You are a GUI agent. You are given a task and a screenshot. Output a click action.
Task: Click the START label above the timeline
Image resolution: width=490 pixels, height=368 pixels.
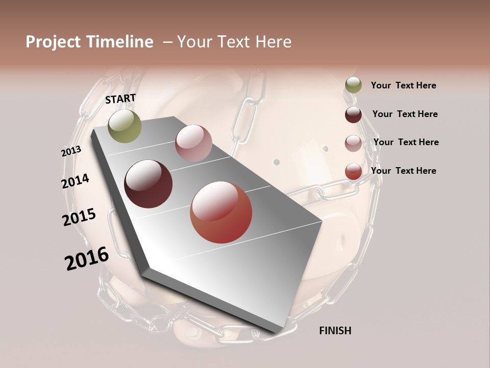pyautogui.click(x=120, y=99)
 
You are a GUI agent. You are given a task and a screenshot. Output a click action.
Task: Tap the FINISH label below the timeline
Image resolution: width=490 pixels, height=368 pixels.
pyautogui.click(x=335, y=331)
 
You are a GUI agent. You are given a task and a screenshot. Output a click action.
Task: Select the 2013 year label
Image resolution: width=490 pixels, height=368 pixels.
pyautogui.click(x=71, y=151)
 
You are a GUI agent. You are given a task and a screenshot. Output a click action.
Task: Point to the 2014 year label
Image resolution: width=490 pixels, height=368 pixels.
pyautogui.click(x=76, y=181)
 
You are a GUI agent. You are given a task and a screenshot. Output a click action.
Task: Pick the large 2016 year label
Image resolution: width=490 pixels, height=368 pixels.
pyautogui.click(x=87, y=259)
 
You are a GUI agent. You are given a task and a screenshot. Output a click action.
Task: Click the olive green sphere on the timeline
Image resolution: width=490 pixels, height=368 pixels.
pyautogui.click(x=125, y=126)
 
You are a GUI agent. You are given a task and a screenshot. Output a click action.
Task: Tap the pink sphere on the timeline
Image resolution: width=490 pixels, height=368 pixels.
pyautogui.click(x=193, y=143)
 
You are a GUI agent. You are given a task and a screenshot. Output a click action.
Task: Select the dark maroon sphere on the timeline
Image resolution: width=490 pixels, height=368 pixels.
pyautogui.click(x=149, y=184)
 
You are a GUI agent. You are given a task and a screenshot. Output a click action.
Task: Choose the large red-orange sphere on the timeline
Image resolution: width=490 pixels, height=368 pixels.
pyautogui.click(x=221, y=213)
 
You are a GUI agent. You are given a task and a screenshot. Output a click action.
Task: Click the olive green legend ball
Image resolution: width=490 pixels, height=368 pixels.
pyautogui.click(x=353, y=85)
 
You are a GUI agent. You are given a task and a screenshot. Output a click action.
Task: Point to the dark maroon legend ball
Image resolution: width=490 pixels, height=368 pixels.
pyautogui.click(x=353, y=114)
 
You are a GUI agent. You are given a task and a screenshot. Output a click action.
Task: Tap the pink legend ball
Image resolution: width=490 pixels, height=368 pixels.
pyautogui.click(x=353, y=143)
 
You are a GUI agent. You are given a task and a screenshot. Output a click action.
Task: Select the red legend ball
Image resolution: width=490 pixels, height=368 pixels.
pyautogui.click(x=353, y=171)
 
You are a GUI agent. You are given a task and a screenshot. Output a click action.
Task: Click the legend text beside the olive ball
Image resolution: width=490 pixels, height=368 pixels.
pyautogui.click(x=403, y=86)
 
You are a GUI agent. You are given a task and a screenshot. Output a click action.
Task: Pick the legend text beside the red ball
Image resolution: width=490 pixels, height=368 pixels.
pyautogui.click(x=403, y=171)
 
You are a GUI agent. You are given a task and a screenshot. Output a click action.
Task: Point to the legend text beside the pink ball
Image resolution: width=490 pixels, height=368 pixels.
pyautogui.click(x=406, y=142)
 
